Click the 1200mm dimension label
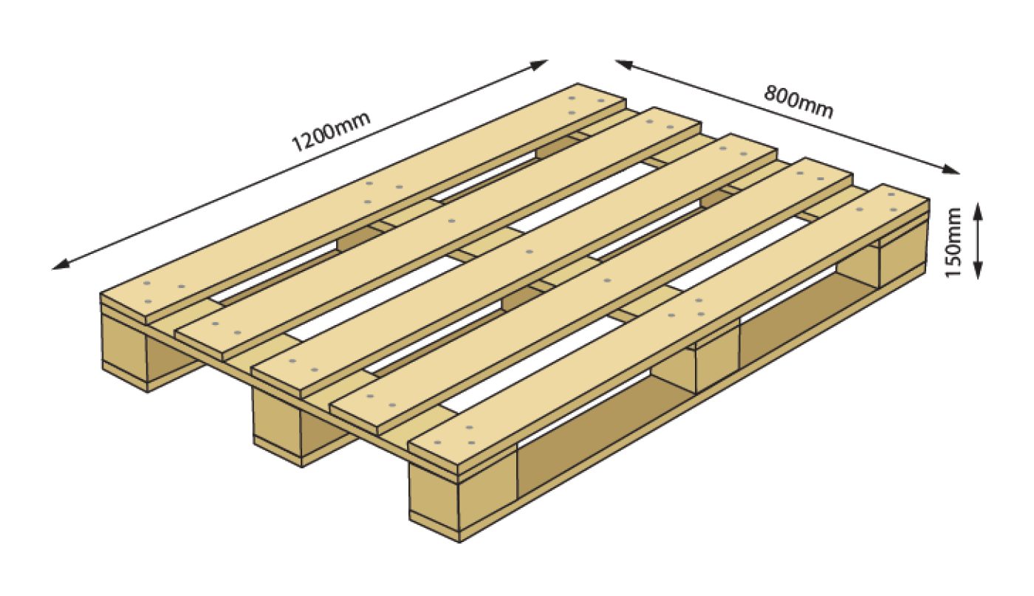tap(332, 132)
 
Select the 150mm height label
tap(953, 243)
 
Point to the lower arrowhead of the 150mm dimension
tap(978, 270)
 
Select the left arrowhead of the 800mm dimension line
tap(625, 65)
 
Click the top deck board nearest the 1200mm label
tap(363, 203)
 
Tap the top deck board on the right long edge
tap(669, 329)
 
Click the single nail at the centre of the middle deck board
tap(529, 252)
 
